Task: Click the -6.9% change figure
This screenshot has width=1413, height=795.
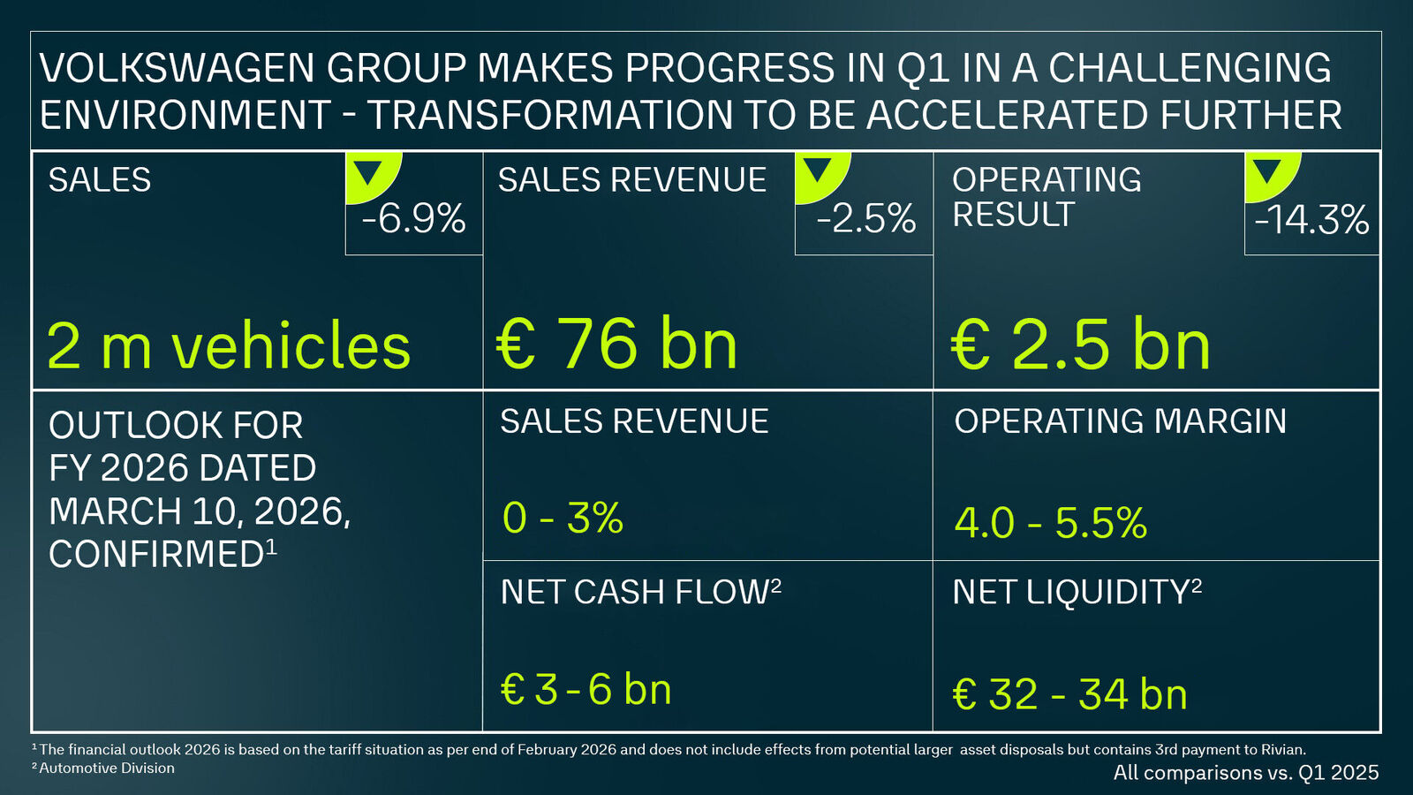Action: coord(413,219)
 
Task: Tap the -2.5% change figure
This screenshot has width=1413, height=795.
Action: coord(865,219)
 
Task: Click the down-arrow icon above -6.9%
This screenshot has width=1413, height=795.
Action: coord(367,170)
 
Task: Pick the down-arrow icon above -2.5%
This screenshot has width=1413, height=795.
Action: coord(818,170)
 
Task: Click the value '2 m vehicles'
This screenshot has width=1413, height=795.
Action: coord(229,345)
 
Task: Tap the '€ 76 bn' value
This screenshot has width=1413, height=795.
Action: coord(616,344)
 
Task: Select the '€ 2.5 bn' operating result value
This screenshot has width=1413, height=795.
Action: coord(1081,344)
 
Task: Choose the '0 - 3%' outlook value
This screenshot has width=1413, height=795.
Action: coord(563,519)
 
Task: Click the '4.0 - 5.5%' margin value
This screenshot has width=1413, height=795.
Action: coord(1050,523)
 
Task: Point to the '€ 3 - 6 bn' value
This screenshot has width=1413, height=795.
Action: coord(586,690)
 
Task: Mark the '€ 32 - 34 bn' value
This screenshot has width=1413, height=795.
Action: coord(1069,694)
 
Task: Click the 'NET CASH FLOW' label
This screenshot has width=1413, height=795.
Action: coord(634,593)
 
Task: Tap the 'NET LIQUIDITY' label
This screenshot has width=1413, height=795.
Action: coord(1070,593)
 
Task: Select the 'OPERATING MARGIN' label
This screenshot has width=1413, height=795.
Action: coord(1120,421)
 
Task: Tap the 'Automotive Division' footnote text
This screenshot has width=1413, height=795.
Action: coord(107,768)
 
